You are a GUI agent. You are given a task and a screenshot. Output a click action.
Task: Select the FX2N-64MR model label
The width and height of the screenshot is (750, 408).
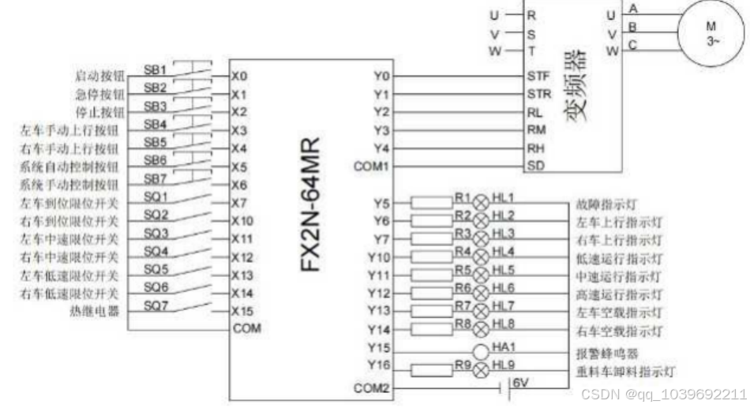[310, 204]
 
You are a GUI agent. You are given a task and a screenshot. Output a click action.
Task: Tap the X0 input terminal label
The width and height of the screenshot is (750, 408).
[240, 77]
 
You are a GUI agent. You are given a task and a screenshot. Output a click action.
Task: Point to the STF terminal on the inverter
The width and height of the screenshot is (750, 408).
[534, 77]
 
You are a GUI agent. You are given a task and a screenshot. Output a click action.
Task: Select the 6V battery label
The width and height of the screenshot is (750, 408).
[521, 382]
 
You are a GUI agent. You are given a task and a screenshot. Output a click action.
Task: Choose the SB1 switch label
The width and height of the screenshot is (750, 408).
[155, 69]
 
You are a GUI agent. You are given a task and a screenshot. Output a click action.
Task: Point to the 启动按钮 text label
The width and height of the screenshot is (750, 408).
[99, 77]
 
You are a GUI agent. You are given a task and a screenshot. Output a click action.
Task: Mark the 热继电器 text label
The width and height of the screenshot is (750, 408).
[99, 312]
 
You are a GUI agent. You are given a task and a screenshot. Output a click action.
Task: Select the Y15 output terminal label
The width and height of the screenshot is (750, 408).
[381, 346]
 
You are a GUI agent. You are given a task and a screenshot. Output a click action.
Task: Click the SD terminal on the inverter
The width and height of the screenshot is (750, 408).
[534, 166]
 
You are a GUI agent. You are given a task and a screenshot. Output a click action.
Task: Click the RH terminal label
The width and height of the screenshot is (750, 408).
[534, 148]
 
